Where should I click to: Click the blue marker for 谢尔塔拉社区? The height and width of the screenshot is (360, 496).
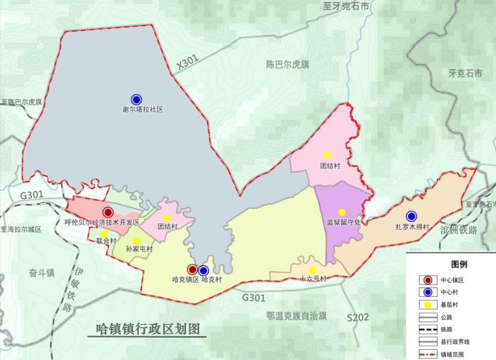(136, 99)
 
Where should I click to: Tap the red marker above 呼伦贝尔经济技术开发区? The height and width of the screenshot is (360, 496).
(107, 212)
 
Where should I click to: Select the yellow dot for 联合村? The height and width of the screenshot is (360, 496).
(104, 234)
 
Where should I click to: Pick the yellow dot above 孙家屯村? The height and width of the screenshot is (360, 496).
(136, 241)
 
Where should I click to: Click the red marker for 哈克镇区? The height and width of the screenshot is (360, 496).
(192, 270)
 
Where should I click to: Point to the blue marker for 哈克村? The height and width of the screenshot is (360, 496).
(204, 270)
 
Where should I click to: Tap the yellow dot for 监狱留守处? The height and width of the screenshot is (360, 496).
(341, 212)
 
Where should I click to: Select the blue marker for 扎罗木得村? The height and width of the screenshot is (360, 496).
(411, 217)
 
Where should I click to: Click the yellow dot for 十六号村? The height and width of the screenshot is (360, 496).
(313, 270)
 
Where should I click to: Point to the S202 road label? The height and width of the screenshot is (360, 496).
(358, 318)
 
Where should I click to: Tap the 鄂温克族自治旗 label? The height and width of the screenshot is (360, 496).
(296, 315)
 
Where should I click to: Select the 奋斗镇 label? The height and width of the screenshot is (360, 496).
(42, 272)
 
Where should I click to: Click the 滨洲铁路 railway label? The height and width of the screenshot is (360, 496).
(459, 230)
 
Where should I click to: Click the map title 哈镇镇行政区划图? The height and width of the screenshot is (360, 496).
(147, 329)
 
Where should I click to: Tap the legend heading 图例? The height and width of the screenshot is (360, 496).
(459, 264)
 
